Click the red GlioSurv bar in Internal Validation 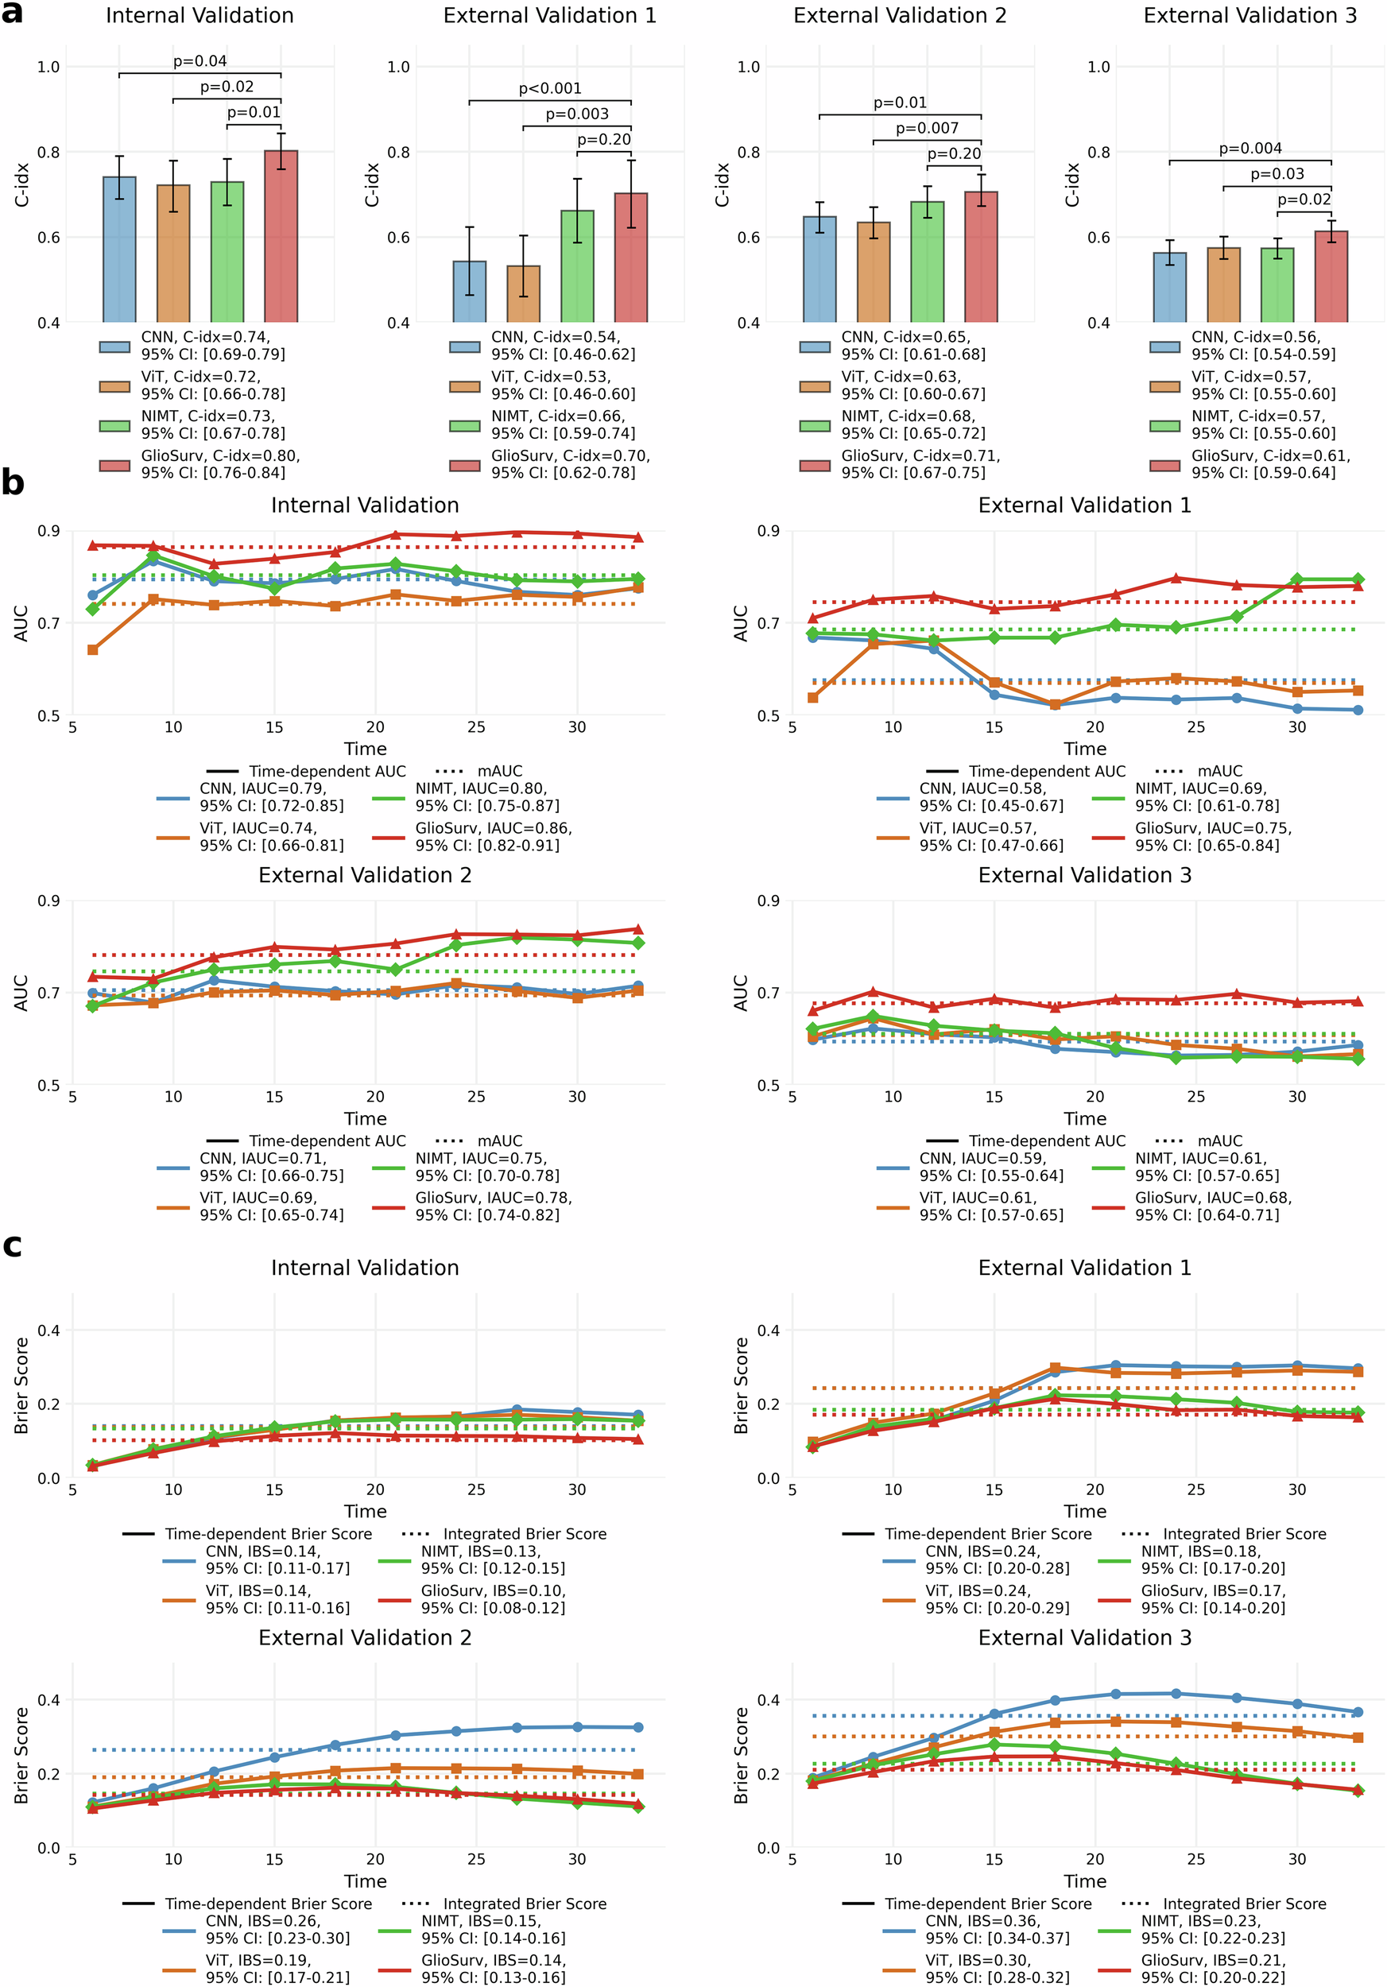[x=281, y=236]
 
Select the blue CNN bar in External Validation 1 [x=469, y=292]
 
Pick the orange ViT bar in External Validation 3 [x=1222, y=285]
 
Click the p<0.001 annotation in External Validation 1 [x=549, y=88]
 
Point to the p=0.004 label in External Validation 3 [x=1249, y=148]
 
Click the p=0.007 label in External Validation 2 [x=927, y=128]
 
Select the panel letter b [x=12, y=482]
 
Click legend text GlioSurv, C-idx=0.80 [x=221, y=455]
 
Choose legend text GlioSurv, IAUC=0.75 [x=1213, y=828]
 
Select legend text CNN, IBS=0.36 [x=983, y=1920]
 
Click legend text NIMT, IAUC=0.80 [x=480, y=788]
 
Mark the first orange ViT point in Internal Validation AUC [x=92, y=650]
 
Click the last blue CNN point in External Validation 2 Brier [x=638, y=1727]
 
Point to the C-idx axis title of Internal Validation [x=22, y=185]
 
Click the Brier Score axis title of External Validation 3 [x=742, y=1756]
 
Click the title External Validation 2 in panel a [x=899, y=16]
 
